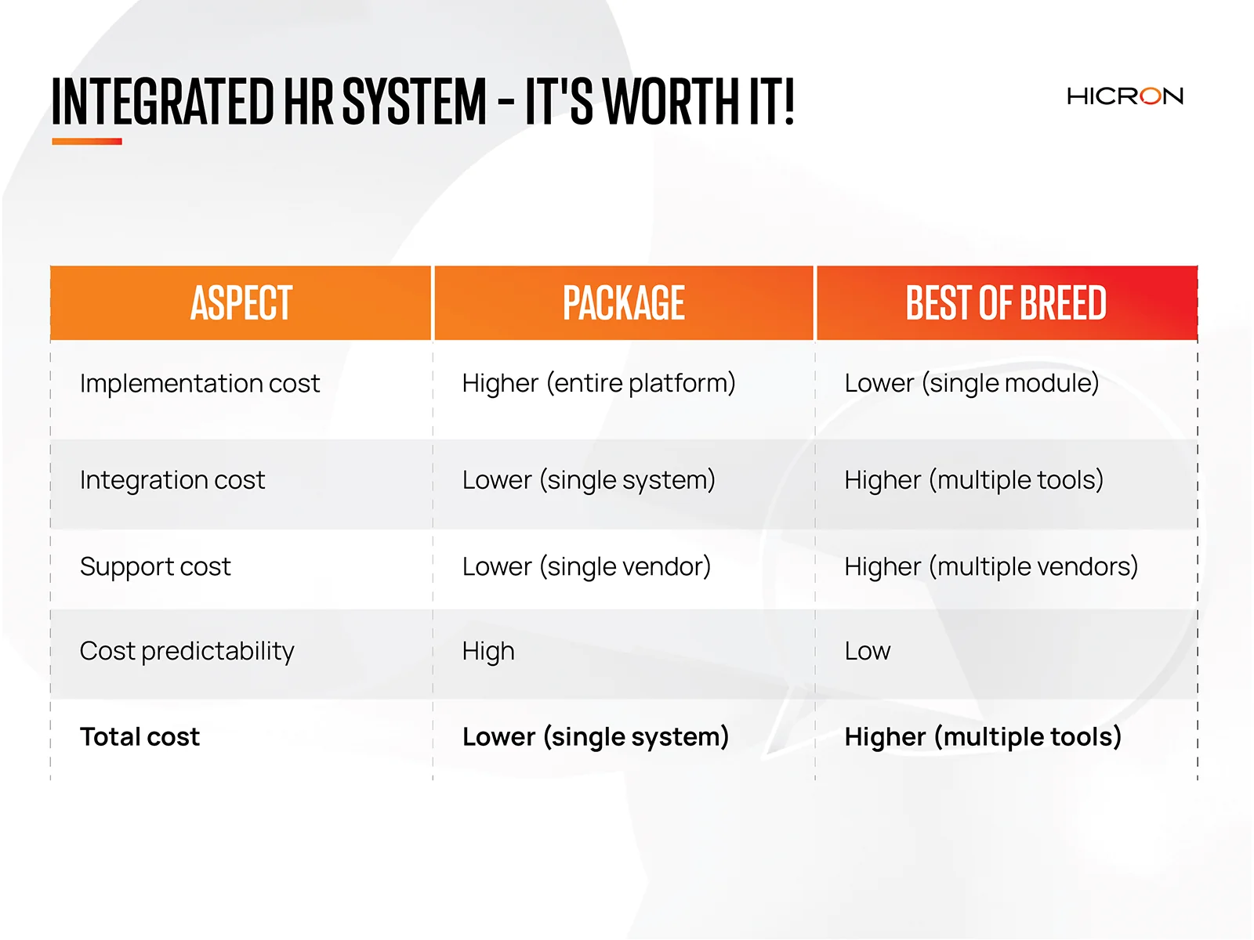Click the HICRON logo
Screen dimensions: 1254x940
coord(1125,96)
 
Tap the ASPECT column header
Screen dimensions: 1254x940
coord(241,302)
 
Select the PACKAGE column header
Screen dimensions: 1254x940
coord(623,302)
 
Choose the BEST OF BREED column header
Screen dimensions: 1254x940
coord(1006,302)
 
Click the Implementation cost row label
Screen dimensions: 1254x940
coord(200,383)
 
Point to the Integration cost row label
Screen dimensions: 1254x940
coord(172,480)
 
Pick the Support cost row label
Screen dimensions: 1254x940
coord(155,566)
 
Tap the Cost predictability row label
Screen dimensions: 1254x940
coord(187,651)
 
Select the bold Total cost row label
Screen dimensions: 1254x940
coord(140,737)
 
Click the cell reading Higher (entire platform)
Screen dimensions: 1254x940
coord(599,383)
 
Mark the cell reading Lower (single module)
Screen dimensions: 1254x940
coord(972,383)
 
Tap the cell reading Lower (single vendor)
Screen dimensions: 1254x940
coord(587,566)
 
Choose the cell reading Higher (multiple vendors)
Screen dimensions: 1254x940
coord(991,566)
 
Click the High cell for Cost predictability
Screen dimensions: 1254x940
coord(488,651)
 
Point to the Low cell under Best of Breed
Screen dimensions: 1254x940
coord(868,651)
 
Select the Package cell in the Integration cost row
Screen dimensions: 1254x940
coord(589,480)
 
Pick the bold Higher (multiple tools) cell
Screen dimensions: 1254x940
coord(983,737)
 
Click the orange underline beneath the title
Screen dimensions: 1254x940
coord(87,141)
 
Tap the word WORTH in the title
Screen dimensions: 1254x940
coord(672,101)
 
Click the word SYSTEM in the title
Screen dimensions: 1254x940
coord(414,101)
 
